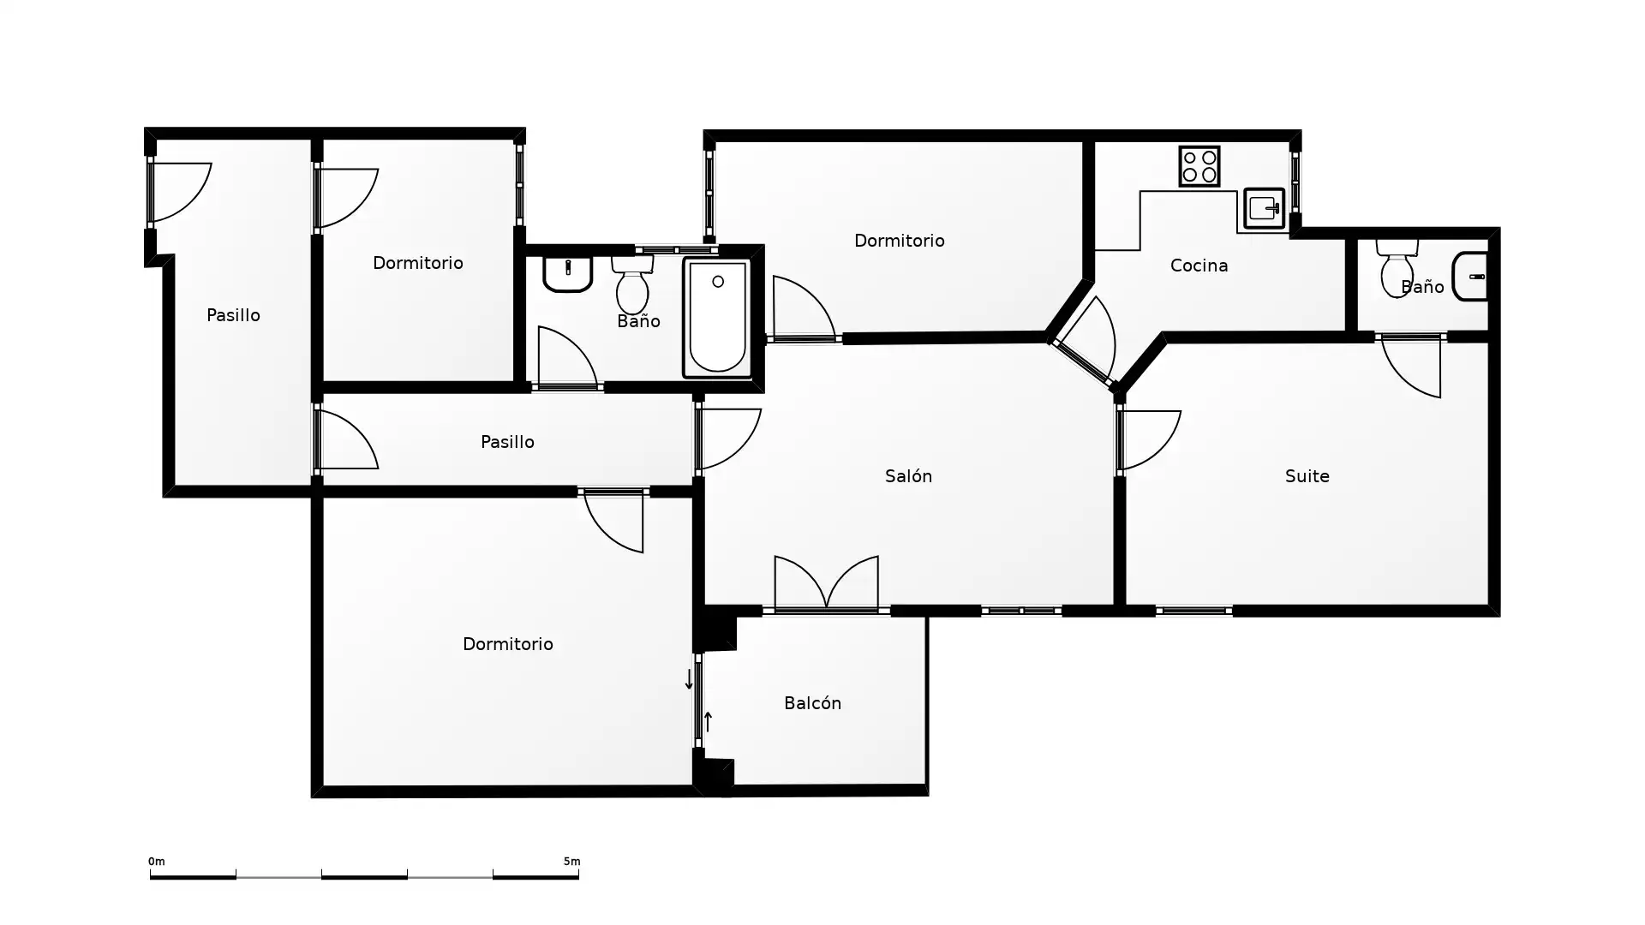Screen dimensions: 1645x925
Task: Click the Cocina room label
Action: pyautogui.click(x=1199, y=266)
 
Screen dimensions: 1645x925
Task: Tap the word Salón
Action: pyautogui.click(x=908, y=475)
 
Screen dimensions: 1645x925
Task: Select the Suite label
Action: pyautogui.click(x=1307, y=475)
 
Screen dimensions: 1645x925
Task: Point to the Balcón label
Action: pyautogui.click(x=812, y=702)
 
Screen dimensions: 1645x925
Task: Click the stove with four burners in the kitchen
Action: pyautogui.click(x=1199, y=166)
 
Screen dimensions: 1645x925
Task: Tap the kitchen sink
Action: pyautogui.click(x=1264, y=208)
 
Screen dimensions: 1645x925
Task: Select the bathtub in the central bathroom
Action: pyautogui.click(x=717, y=319)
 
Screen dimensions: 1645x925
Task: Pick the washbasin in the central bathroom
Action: pyautogui.click(x=567, y=274)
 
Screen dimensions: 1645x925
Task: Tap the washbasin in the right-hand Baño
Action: pyautogui.click(x=1470, y=276)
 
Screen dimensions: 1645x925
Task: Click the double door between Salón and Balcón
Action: pyautogui.click(x=826, y=584)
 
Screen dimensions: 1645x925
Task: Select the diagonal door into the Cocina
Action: pyautogui.click(x=1086, y=342)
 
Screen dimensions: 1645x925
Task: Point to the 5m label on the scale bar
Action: pyautogui.click(x=571, y=861)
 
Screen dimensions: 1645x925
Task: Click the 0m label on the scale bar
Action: pyautogui.click(x=156, y=861)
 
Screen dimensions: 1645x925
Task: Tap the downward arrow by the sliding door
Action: pyautogui.click(x=689, y=679)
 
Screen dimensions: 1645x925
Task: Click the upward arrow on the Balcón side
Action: pyautogui.click(x=708, y=721)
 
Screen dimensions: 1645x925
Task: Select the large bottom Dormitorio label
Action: pyautogui.click(x=507, y=643)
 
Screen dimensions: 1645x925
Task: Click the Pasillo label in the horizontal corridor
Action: pyautogui.click(x=507, y=441)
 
